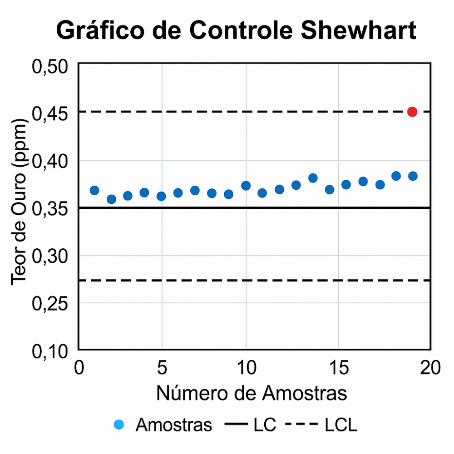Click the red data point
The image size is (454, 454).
[x=412, y=112]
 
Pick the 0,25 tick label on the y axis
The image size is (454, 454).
[x=50, y=303]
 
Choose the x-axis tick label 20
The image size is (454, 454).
[x=429, y=367]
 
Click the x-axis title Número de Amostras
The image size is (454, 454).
[x=252, y=393]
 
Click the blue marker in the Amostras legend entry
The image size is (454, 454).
[x=119, y=425]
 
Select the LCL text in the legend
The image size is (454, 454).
[x=340, y=425]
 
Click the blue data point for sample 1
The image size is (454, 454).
[x=94, y=190]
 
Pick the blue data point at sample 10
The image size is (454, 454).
[x=246, y=185]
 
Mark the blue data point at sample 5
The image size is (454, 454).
[x=161, y=196]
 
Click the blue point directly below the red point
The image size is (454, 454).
[x=413, y=176]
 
